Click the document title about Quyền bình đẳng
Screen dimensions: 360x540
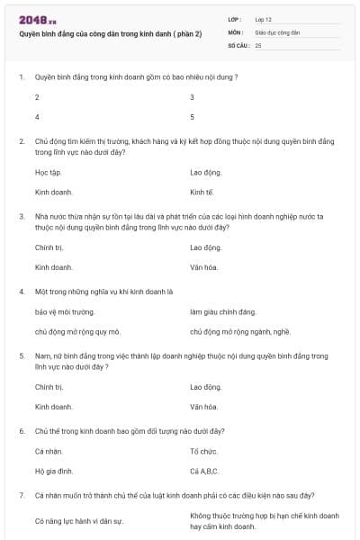coord(111,33)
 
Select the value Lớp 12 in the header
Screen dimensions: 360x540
coord(264,19)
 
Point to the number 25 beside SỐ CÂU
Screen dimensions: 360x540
coord(258,44)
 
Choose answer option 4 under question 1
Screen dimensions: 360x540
coord(37,117)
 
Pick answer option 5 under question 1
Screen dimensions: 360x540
coord(193,117)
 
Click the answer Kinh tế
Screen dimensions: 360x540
coord(202,192)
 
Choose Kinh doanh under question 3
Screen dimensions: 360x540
coord(54,267)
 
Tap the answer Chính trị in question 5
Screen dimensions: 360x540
coord(49,386)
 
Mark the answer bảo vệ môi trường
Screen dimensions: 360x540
coord(65,311)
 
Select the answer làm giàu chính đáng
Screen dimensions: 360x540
coord(223,311)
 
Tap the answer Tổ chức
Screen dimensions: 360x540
coord(204,450)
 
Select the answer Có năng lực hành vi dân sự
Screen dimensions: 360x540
coord(78,520)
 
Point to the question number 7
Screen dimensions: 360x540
coord(21,496)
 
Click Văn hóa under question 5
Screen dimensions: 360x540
coord(204,407)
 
